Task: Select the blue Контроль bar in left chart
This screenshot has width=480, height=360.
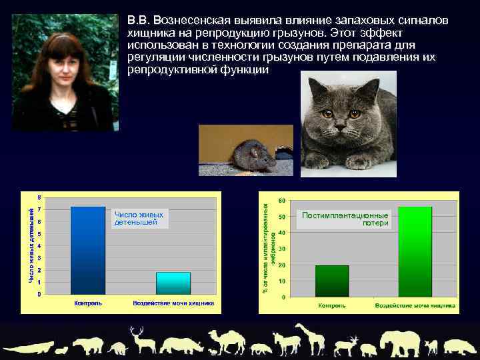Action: tap(88, 251)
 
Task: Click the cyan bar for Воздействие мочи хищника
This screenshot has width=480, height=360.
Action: tap(173, 283)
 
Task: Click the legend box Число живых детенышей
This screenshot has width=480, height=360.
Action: tap(139, 218)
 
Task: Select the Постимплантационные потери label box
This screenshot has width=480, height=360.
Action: tap(345, 219)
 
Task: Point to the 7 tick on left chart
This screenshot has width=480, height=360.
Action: tap(39, 209)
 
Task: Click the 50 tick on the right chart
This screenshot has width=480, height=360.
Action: tap(282, 216)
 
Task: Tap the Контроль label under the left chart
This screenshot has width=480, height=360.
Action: tap(88, 303)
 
